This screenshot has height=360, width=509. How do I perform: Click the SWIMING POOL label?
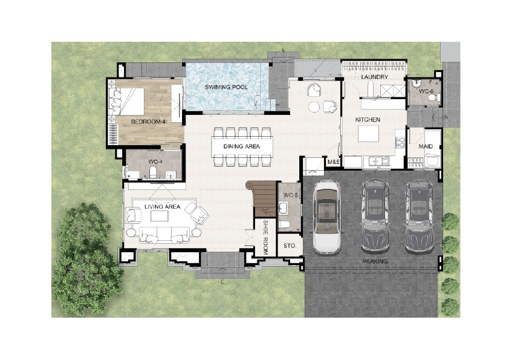[x=226, y=87]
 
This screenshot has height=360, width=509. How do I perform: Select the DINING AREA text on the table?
[x=242, y=146]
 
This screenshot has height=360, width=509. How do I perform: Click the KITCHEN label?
[x=368, y=120]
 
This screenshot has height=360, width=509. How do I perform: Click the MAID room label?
[x=426, y=146]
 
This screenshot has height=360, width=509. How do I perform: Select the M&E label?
[x=333, y=162]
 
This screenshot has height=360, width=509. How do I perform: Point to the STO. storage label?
[x=290, y=246]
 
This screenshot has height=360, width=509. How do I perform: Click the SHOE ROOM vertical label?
[x=265, y=237]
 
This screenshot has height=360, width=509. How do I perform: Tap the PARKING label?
[x=375, y=261]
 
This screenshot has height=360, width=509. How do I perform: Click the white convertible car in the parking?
[x=326, y=217]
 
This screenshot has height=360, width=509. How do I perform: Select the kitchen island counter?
[x=368, y=134]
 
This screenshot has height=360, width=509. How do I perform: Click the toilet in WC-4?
[x=153, y=172]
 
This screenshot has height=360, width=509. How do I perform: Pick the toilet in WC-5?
[x=284, y=225]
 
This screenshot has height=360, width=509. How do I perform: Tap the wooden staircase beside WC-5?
[x=263, y=198]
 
